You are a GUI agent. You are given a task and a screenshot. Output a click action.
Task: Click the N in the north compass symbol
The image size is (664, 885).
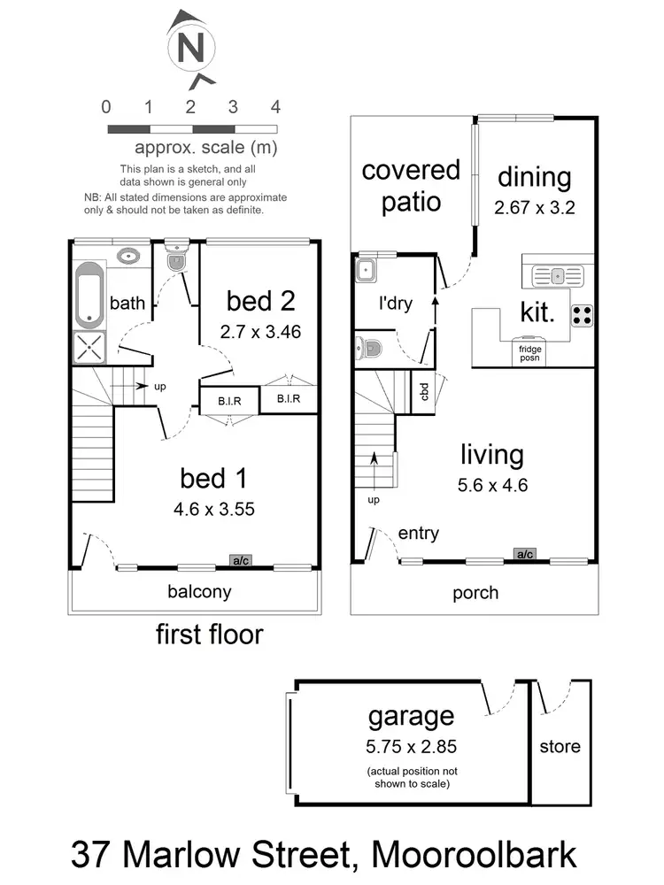(190, 48)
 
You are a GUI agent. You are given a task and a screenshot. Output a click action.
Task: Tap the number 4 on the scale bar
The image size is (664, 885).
(275, 108)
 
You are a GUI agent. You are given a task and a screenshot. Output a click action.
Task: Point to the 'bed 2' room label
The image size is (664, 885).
(259, 301)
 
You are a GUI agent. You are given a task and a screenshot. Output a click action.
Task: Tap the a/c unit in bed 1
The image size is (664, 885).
(240, 560)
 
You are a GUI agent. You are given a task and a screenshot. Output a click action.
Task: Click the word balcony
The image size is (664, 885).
(200, 591)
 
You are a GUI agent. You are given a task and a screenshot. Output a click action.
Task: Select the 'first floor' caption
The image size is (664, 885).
(209, 634)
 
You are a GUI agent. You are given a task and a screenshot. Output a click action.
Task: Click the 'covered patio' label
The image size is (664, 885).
(411, 186)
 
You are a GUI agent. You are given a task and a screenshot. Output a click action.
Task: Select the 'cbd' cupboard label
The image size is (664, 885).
(424, 391)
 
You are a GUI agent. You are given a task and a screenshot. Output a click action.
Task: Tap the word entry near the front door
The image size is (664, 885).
(418, 534)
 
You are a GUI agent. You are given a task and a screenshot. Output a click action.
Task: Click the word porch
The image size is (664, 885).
(475, 592)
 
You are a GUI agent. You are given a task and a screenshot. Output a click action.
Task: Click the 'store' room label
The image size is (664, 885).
(560, 746)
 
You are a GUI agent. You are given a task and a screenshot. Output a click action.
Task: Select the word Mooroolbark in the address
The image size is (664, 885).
(475, 855)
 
